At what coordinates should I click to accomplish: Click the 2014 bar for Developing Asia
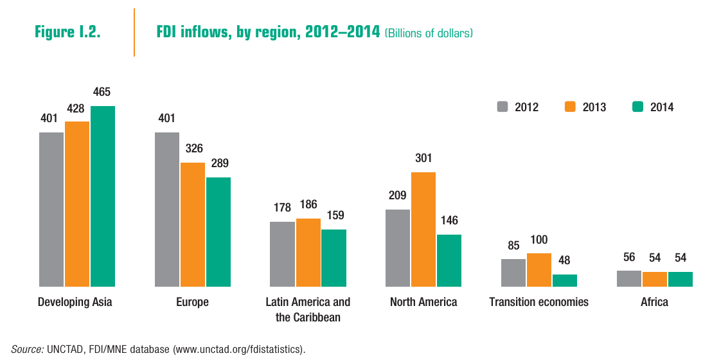click(x=103, y=196)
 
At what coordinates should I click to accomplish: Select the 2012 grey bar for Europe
click(x=167, y=209)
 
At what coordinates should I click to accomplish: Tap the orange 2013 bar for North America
click(x=423, y=229)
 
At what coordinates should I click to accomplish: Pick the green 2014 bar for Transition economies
click(x=565, y=280)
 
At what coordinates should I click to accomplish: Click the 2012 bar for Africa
click(x=629, y=278)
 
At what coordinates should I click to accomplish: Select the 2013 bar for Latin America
click(x=308, y=252)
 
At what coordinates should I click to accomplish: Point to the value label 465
click(x=102, y=92)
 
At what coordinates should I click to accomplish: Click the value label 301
click(x=423, y=157)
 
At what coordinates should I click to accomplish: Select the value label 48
click(x=564, y=260)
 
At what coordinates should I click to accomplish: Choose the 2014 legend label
click(x=662, y=107)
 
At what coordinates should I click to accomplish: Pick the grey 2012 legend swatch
click(x=502, y=107)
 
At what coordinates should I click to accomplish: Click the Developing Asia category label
click(x=75, y=302)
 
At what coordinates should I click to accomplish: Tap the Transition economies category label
click(x=538, y=302)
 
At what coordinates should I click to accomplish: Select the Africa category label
click(x=654, y=302)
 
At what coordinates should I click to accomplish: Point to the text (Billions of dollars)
click(x=429, y=33)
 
